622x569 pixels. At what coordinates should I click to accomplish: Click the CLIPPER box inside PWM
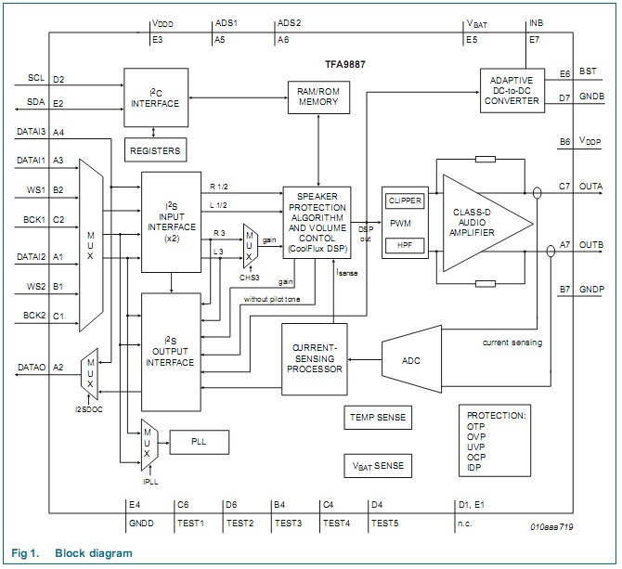405,200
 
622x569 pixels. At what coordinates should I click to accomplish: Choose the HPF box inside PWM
405,244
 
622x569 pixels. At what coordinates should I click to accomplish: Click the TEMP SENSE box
377,418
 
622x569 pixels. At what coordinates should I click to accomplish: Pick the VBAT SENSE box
377,464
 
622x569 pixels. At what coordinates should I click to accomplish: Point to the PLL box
199,442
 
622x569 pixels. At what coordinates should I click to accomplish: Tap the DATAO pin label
32,368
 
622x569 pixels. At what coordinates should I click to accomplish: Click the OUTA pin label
590,186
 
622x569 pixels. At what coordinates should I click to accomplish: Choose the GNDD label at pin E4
140,524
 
